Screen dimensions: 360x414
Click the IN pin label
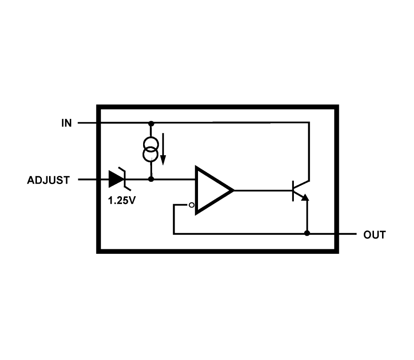[x=67, y=123]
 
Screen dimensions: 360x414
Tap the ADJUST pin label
[x=49, y=180]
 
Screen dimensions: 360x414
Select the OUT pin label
[x=374, y=235]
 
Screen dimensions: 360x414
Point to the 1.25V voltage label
[x=121, y=201]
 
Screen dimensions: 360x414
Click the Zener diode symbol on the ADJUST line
[x=117, y=179]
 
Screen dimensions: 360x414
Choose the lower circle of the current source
[x=151, y=155]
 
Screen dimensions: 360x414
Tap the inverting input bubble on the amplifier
[x=192, y=205]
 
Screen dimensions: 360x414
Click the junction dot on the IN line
[x=151, y=123]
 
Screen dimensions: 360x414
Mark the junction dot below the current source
[x=151, y=179]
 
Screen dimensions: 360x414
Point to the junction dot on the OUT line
[x=307, y=233]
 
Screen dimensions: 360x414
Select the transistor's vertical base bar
[x=293, y=190]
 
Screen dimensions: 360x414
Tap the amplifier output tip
[x=233, y=190]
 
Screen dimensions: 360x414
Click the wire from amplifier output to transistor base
[x=263, y=190]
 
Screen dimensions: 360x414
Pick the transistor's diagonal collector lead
[x=301, y=184]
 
